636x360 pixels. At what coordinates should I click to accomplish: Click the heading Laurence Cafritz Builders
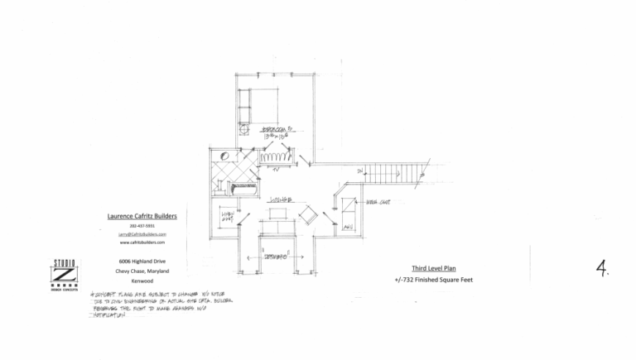click(141, 216)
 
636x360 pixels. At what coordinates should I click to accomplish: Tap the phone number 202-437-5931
click(141, 226)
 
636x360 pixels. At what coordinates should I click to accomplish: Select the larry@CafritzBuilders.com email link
click(141, 234)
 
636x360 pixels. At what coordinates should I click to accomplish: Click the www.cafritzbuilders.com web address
click(141, 242)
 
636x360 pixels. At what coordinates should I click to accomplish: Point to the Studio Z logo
click(64, 275)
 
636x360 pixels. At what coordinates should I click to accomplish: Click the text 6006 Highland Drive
click(142, 262)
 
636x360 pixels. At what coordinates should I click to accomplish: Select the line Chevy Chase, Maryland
click(142, 271)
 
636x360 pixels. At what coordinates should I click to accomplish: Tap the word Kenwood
click(142, 280)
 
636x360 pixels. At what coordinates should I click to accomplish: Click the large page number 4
click(603, 266)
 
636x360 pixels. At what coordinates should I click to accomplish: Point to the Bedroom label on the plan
click(277, 131)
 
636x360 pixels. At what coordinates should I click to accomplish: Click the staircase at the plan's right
click(395, 174)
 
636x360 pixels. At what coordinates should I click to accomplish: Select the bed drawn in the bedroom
click(263, 102)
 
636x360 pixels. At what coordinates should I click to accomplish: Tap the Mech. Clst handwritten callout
click(378, 202)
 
